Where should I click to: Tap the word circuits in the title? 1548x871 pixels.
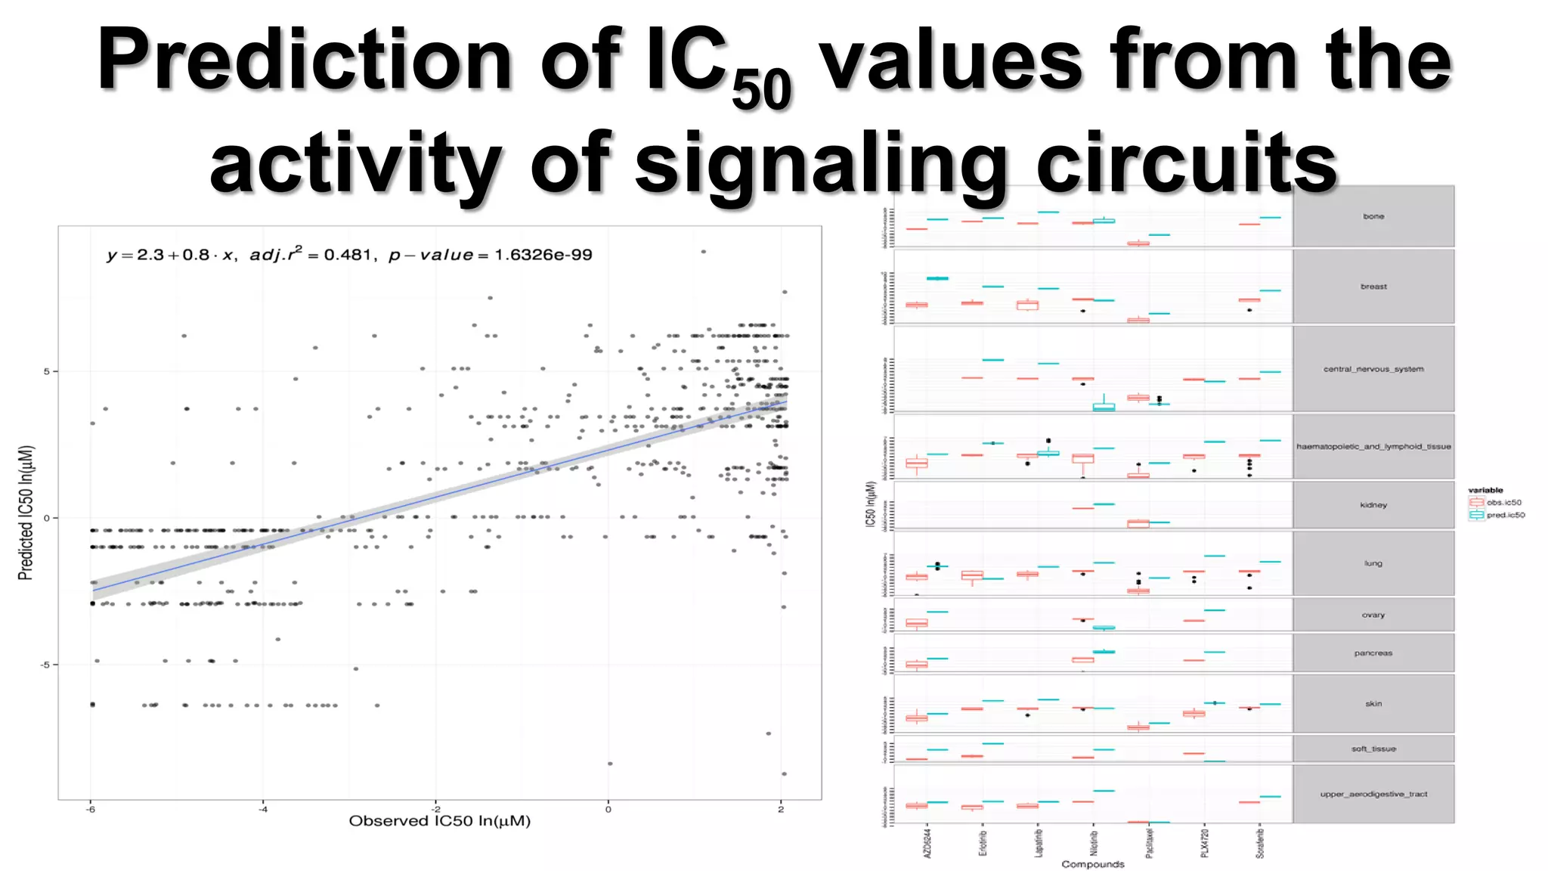pyautogui.click(x=1187, y=163)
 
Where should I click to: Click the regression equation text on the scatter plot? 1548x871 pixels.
pyautogui.click(x=348, y=255)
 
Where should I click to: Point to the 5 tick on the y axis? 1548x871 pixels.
pyautogui.click(x=47, y=371)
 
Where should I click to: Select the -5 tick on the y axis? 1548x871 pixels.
pyautogui.click(x=45, y=665)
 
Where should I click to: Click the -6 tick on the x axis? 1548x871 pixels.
pyautogui.click(x=91, y=809)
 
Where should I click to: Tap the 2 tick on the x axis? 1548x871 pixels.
pyautogui.click(x=781, y=809)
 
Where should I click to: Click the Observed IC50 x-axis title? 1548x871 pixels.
pyautogui.click(x=439, y=821)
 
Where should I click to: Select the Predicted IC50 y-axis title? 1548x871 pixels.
pyautogui.click(x=26, y=513)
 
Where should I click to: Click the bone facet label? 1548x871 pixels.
pyautogui.click(x=1373, y=216)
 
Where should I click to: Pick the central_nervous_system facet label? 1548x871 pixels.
pyautogui.click(x=1373, y=369)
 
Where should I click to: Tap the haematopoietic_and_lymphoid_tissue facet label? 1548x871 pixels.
pyautogui.click(x=1373, y=447)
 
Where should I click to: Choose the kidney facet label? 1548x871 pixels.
pyautogui.click(x=1373, y=505)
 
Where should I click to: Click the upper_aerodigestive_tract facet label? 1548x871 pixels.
pyautogui.click(x=1373, y=794)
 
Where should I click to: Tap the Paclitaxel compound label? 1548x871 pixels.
pyautogui.click(x=1149, y=842)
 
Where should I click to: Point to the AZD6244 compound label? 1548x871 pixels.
pyautogui.click(x=927, y=842)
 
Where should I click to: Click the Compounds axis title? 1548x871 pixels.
pyautogui.click(x=1092, y=864)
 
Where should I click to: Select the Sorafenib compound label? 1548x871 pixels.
pyautogui.click(x=1260, y=842)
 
